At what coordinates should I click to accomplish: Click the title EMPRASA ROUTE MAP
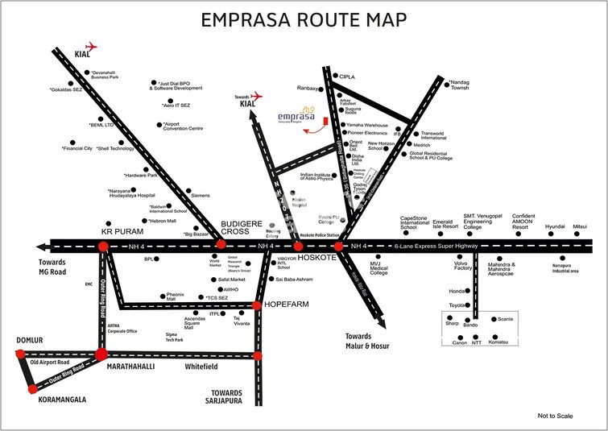pos(304,19)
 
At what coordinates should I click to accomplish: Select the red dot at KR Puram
pos(102,246)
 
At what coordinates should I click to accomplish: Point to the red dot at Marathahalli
pos(101,354)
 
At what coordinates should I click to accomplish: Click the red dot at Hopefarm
pos(257,305)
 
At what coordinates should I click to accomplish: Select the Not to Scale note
pos(555,415)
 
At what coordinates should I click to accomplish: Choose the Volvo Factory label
pos(462,267)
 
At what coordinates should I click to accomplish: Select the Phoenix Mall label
pos(176,296)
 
